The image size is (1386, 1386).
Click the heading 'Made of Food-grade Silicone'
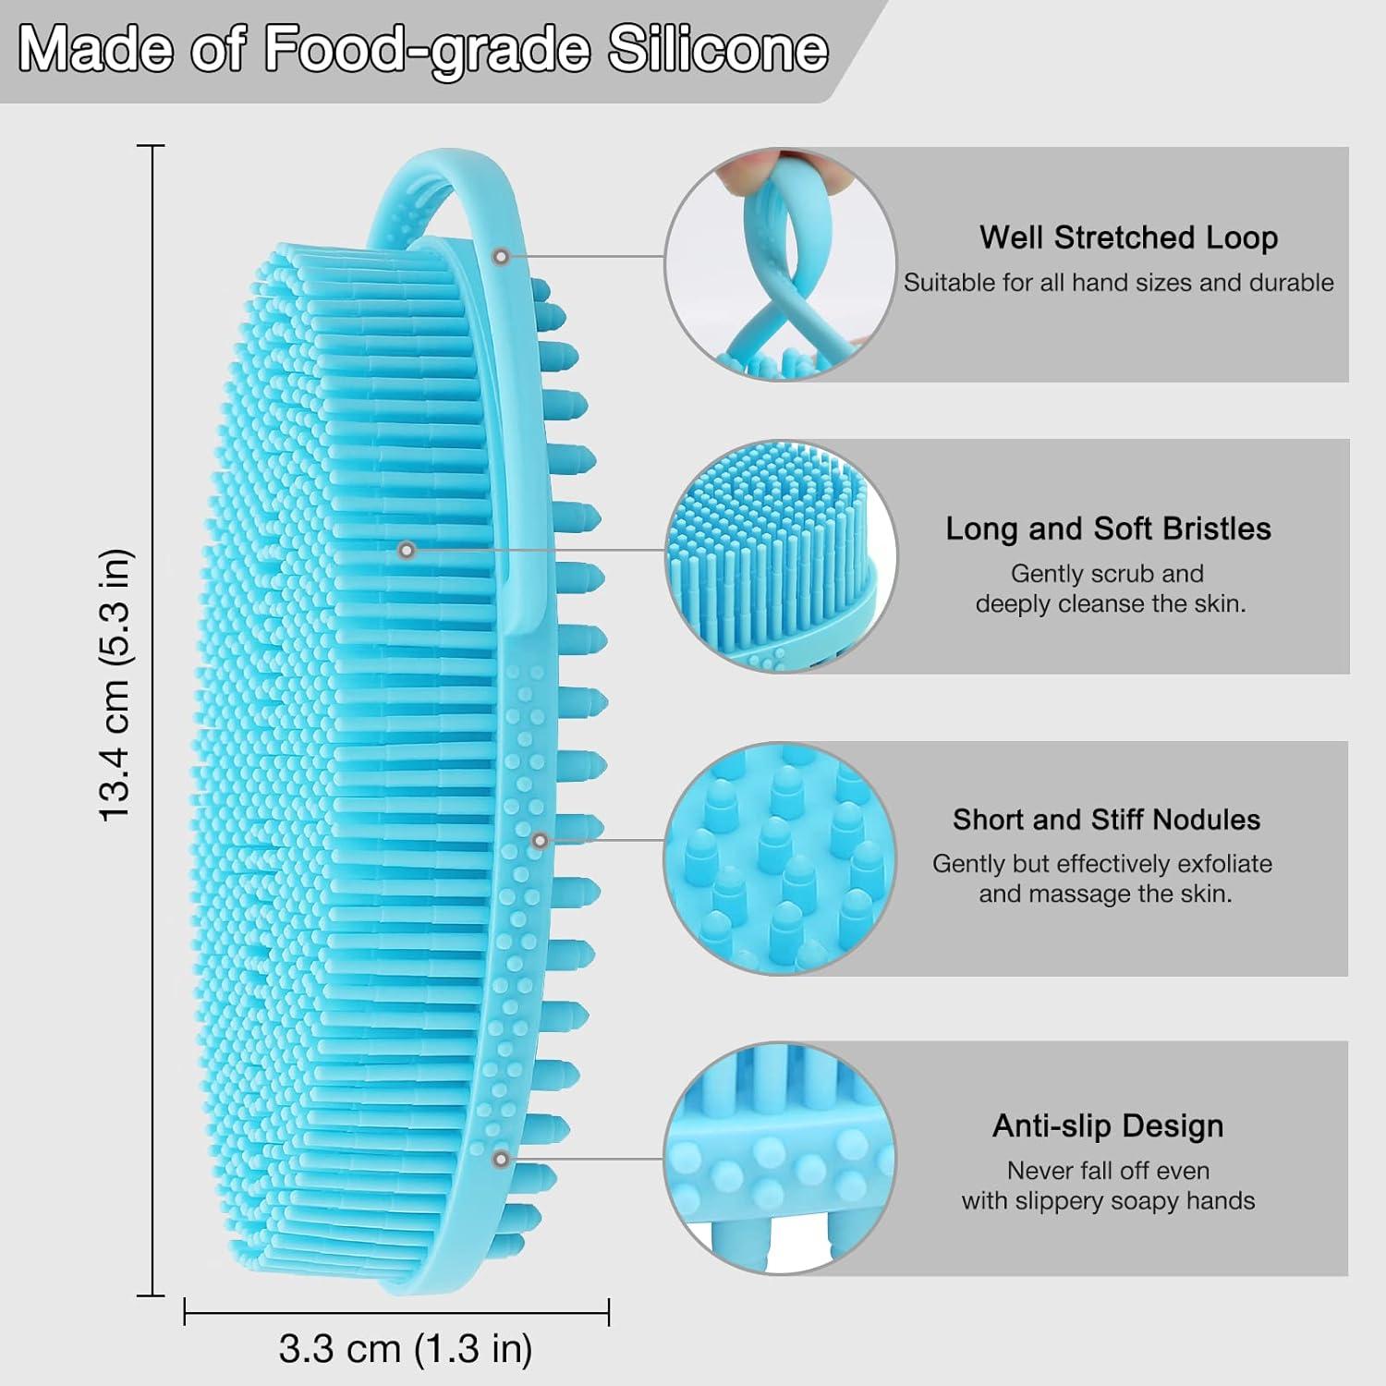tap(423, 50)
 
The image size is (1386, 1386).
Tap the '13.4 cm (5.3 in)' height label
tap(117, 685)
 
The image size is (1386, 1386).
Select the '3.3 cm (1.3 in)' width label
tap(406, 1349)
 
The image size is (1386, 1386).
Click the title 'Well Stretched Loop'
tap(1128, 237)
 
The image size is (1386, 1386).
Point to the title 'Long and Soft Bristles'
tap(1108, 529)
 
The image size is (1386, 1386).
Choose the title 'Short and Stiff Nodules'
tap(1106, 820)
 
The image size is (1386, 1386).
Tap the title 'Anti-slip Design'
tap(1108, 1125)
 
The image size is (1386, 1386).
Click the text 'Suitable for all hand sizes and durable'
tap(1119, 283)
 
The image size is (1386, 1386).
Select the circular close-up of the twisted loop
tap(781, 264)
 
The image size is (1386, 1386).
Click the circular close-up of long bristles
tap(781, 556)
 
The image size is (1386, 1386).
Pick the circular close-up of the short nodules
tap(781, 858)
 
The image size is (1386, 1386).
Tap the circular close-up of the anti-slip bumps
tap(781, 1159)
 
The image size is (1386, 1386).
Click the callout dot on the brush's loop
tap(501, 256)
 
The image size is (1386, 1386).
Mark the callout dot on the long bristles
tap(406, 550)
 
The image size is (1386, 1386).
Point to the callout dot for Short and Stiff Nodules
tap(541, 840)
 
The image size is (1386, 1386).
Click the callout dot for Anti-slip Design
tap(501, 1159)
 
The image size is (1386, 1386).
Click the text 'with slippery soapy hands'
tap(1108, 1201)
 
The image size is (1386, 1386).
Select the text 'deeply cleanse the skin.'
tap(1111, 604)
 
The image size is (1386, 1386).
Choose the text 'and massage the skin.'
tap(1106, 894)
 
